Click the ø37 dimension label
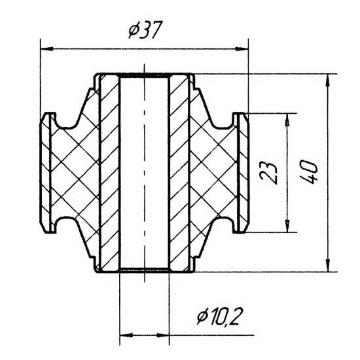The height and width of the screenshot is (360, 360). point(145,29)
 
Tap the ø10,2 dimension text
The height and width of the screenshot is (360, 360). point(220,316)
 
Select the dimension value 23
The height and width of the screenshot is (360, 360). point(268,173)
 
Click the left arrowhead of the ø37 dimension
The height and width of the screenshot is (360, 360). point(47,48)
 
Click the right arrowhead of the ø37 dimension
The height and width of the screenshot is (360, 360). point(242,48)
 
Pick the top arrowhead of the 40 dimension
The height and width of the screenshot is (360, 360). point(329,81)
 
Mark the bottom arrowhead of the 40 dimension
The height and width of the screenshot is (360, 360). point(329,265)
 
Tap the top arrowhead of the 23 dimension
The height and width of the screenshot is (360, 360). point(287,120)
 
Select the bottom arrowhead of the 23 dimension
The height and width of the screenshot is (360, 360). point(287,226)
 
